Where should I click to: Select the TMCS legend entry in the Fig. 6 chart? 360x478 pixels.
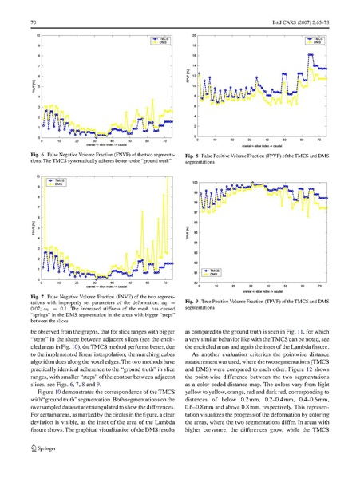click(156, 38)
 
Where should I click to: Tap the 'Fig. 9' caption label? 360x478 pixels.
click(192, 301)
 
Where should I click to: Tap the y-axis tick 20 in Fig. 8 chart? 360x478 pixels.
click(194, 35)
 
